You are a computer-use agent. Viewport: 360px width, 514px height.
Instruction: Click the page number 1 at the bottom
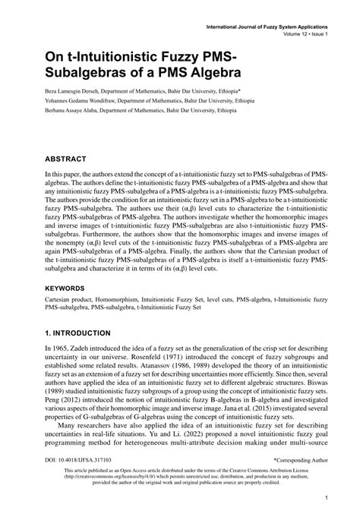pos(325,498)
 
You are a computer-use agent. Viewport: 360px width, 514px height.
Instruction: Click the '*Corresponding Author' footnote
pos(300,460)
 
